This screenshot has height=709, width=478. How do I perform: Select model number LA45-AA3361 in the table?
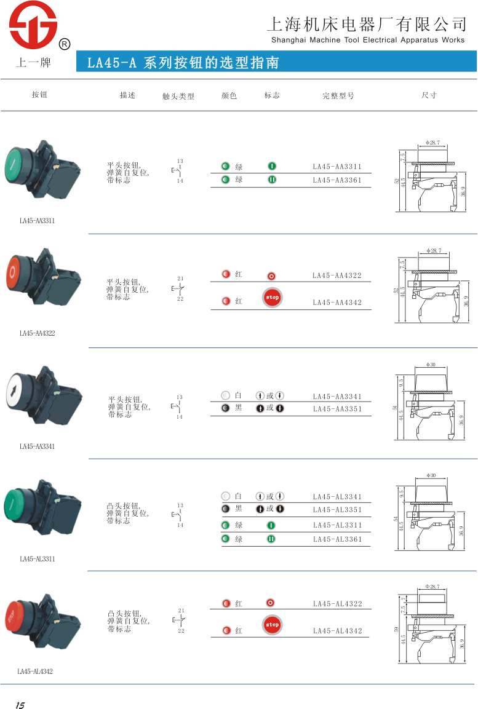point(337,180)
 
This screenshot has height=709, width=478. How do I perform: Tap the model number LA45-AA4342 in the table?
point(337,303)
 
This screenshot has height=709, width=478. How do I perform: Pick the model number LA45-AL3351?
point(338,510)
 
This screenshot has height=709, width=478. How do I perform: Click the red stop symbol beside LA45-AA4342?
point(272,297)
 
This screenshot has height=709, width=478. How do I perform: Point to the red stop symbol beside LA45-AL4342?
point(272,625)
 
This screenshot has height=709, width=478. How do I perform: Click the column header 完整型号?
point(338,96)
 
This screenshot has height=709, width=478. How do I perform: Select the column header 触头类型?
point(178,97)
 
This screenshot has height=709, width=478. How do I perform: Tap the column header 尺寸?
point(429,95)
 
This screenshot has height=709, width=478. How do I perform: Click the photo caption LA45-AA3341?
point(37,446)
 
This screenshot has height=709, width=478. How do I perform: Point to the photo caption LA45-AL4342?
point(35,671)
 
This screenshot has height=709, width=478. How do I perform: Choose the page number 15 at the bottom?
point(20,705)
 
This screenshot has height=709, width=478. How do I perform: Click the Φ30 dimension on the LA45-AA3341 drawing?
point(431,365)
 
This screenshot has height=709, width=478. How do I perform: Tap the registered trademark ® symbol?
point(64,44)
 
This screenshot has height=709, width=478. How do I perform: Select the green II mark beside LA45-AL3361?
point(271,539)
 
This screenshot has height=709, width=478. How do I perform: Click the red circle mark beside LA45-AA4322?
point(271,277)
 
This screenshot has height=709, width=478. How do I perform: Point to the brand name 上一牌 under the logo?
point(33,63)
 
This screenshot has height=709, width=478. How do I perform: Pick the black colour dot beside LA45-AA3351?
point(226,408)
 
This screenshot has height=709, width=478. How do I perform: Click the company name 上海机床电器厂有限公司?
point(367,25)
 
